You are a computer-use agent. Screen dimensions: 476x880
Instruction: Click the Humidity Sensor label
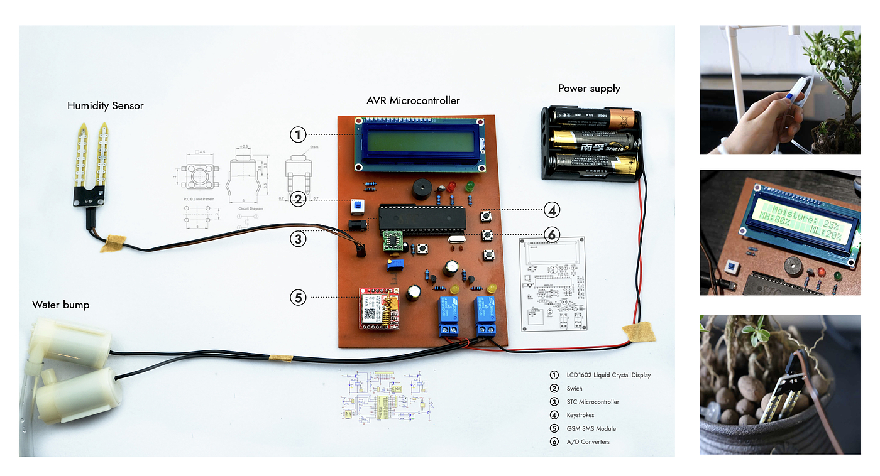click(106, 106)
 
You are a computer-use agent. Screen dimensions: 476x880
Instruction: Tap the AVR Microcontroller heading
click(413, 100)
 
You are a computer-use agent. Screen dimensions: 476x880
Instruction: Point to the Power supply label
click(589, 89)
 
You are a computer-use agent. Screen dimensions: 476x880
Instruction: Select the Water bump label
click(61, 305)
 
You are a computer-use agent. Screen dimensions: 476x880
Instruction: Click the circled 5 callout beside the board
click(298, 297)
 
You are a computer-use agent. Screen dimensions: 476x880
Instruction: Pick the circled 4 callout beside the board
click(551, 210)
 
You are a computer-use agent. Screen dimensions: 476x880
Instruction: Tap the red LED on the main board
click(451, 187)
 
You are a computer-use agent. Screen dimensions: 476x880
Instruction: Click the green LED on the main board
click(469, 187)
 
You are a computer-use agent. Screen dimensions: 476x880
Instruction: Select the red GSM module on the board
click(378, 308)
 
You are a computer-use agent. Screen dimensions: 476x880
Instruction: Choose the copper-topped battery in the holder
click(593, 117)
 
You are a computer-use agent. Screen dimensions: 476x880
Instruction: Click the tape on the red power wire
click(638, 332)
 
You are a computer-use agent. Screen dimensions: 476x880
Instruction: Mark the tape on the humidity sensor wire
click(113, 242)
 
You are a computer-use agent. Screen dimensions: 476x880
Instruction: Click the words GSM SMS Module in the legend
click(591, 428)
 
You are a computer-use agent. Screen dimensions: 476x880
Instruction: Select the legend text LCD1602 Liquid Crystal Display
click(608, 375)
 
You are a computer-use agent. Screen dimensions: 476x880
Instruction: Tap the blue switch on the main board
click(358, 206)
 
